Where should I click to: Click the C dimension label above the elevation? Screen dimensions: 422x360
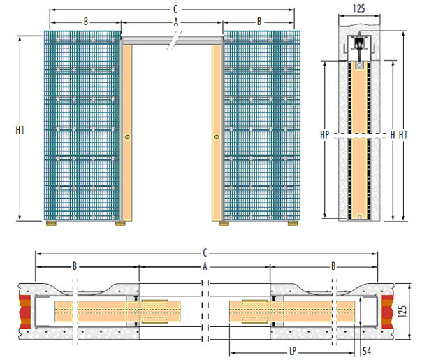click(175, 9)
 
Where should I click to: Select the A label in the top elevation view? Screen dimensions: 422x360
click(176, 22)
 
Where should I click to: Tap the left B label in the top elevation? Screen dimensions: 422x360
click(86, 21)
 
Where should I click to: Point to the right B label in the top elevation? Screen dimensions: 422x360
click(259, 21)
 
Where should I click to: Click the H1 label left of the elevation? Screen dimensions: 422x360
click(20, 130)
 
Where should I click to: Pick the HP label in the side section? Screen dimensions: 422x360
click(325, 135)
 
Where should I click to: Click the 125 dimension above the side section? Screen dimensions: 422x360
click(358, 8)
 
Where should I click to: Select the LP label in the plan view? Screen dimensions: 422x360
click(293, 351)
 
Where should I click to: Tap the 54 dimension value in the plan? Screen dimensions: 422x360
click(367, 352)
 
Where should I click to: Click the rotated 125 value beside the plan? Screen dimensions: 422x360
click(402, 311)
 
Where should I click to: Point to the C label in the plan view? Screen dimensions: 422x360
click(205, 253)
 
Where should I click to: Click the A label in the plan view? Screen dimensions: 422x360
click(205, 266)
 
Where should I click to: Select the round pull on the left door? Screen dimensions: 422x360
click(127, 137)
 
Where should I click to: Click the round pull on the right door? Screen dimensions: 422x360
click(217, 137)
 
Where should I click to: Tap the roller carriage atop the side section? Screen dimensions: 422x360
click(359, 44)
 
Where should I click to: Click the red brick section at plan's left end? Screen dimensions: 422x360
click(24, 312)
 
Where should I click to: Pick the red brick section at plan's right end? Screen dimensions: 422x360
click(387, 312)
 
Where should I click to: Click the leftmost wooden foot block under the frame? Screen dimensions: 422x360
click(51, 223)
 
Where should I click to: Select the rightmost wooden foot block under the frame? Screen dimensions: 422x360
click(293, 223)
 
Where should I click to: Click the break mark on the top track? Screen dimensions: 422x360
click(174, 41)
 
